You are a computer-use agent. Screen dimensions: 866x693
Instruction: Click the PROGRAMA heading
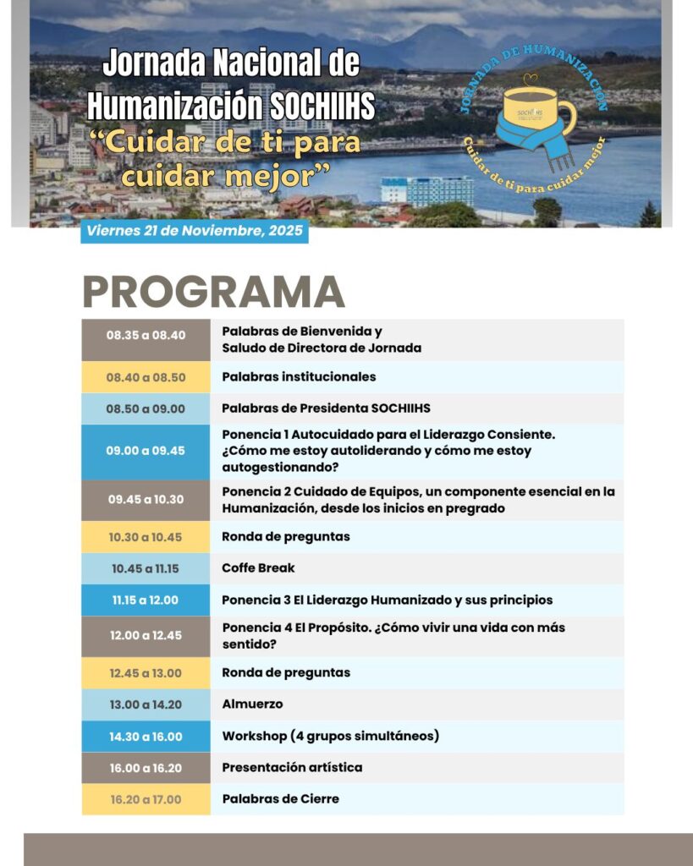pyautogui.click(x=213, y=293)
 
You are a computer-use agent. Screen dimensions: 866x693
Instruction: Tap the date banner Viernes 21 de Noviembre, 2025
pyautogui.click(x=195, y=231)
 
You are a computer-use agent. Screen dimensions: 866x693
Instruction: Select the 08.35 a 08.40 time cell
pyautogui.click(x=146, y=335)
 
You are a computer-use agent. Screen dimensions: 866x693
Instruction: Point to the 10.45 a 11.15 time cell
pyautogui.click(x=146, y=568)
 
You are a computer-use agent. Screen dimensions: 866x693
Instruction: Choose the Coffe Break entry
pyautogui.click(x=258, y=568)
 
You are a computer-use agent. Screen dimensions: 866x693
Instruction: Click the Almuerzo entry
pyautogui.click(x=252, y=704)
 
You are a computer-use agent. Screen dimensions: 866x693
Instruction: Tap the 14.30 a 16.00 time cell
pyautogui.click(x=146, y=737)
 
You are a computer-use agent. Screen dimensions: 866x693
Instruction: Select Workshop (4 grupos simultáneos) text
pyautogui.click(x=330, y=737)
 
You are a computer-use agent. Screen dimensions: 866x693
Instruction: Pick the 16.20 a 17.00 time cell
pyautogui.click(x=146, y=799)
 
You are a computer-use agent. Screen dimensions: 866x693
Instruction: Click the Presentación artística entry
pyautogui.click(x=292, y=768)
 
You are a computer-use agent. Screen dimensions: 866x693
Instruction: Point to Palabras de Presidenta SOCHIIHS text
pyautogui.click(x=326, y=408)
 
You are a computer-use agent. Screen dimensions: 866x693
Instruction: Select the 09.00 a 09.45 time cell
pyautogui.click(x=146, y=451)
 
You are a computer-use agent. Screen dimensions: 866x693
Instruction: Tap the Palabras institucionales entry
pyautogui.click(x=299, y=377)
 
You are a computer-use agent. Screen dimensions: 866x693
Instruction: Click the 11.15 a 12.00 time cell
pyautogui.click(x=146, y=600)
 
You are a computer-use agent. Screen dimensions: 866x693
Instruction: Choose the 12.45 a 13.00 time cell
pyautogui.click(x=146, y=673)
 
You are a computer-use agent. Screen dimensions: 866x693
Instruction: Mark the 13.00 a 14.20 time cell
pyautogui.click(x=146, y=704)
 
